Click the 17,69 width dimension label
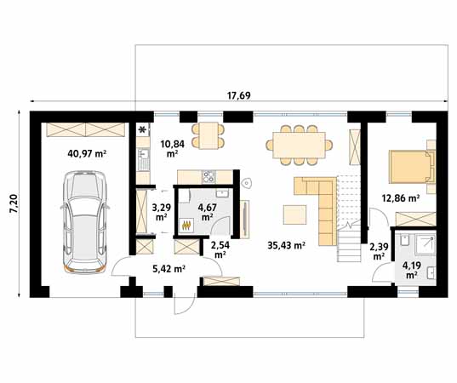(238, 95)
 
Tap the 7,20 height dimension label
(14, 204)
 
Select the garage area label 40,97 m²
(87, 153)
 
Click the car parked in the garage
(84, 222)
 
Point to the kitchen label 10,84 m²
(173, 148)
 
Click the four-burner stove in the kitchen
(209, 176)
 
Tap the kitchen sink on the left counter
(143, 159)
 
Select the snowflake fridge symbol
(143, 129)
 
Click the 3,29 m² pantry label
(161, 212)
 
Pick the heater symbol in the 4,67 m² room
(186, 226)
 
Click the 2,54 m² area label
(220, 249)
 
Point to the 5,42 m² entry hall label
(169, 269)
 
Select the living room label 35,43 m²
(286, 245)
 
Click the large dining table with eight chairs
(299, 146)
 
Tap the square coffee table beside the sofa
(294, 214)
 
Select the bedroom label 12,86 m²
(401, 198)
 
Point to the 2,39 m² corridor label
(379, 252)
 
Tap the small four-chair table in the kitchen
(209, 135)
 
